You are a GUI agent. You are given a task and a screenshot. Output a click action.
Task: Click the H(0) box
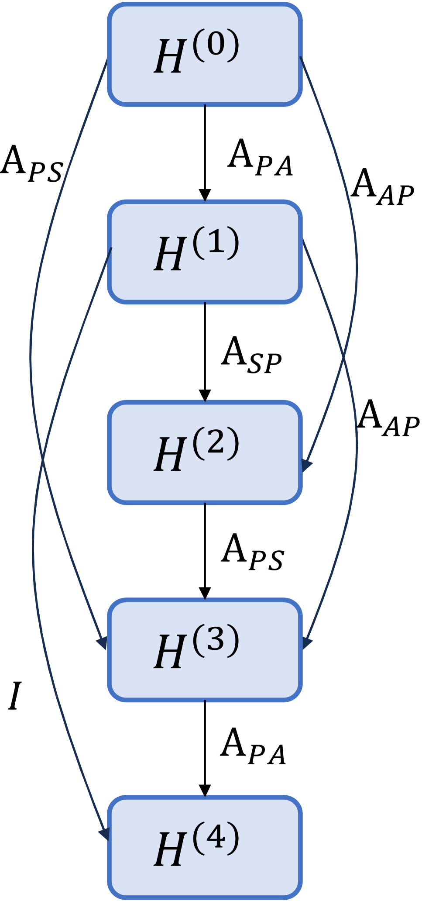205,54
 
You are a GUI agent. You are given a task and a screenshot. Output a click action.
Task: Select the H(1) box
205,252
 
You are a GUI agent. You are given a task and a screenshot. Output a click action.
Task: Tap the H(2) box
205,452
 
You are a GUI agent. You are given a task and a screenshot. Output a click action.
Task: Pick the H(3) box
205,650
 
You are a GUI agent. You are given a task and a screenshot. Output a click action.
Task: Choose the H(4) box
205,847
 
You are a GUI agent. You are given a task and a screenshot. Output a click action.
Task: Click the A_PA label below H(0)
260,159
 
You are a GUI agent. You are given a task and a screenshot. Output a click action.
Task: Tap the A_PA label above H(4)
253,747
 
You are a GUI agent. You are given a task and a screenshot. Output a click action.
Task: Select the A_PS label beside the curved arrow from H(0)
32,164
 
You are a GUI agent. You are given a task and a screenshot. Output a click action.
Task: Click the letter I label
14,696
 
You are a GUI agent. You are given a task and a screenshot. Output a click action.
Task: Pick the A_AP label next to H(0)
382,187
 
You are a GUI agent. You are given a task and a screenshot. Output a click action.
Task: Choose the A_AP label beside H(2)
388,419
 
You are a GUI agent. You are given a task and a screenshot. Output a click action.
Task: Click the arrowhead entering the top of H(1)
205,195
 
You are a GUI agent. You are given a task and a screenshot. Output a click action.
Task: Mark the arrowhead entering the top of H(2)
205,396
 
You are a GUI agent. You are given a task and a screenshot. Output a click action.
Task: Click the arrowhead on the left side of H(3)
103,642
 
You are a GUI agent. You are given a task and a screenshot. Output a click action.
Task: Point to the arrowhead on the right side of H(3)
306,643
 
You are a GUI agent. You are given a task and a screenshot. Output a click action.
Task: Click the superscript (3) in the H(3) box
216,640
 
